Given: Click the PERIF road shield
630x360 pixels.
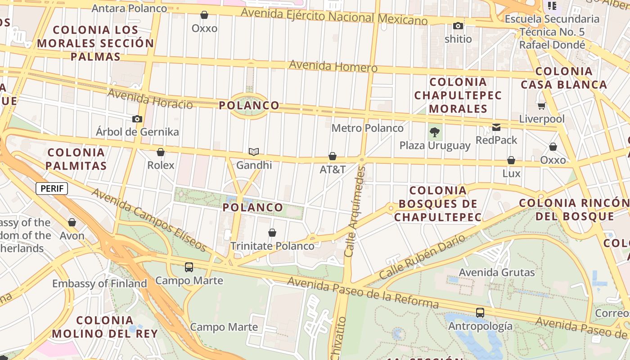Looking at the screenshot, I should pyautogui.click(x=52, y=189).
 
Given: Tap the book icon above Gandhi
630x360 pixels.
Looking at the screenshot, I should pyautogui.click(x=254, y=152).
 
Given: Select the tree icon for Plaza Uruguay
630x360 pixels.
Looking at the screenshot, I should pyautogui.click(x=434, y=132).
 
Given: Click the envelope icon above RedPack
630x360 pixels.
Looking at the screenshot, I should pyautogui.click(x=496, y=127).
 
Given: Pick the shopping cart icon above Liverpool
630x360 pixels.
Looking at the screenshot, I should pyautogui.click(x=541, y=106).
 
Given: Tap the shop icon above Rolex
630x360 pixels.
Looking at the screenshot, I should pyautogui.click(x=161, y=152).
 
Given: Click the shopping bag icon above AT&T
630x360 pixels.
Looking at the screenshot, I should pyautogui.click(x=333, y=156).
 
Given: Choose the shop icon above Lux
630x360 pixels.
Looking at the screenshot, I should pyautogui.click(x=511, y=160).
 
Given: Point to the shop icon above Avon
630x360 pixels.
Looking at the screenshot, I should pyautogui.click(x=72, y=222).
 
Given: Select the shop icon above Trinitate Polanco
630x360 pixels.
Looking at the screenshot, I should pyautogui.click(x=272, y=233).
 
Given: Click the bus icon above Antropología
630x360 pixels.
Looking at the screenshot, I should pyautogui.click(x=480, y=312).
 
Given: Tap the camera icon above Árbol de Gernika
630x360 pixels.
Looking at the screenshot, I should pyautogui.click(x=137, y=119).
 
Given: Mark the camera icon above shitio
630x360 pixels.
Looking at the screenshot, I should pyautogui.click(x=458, y=26).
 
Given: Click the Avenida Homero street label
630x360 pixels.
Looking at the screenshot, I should pyautogui.click(x=333, y=66).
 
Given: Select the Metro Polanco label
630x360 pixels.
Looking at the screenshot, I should pyautogui.click(x=367, y=128).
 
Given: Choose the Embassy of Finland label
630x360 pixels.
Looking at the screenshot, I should pyautogui.click(x=99, y=283).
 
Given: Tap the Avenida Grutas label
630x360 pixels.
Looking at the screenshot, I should pyautogui.click(x=497, y=272).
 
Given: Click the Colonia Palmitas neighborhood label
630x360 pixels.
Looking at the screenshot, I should pyautogui.click(x=76, y=159).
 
